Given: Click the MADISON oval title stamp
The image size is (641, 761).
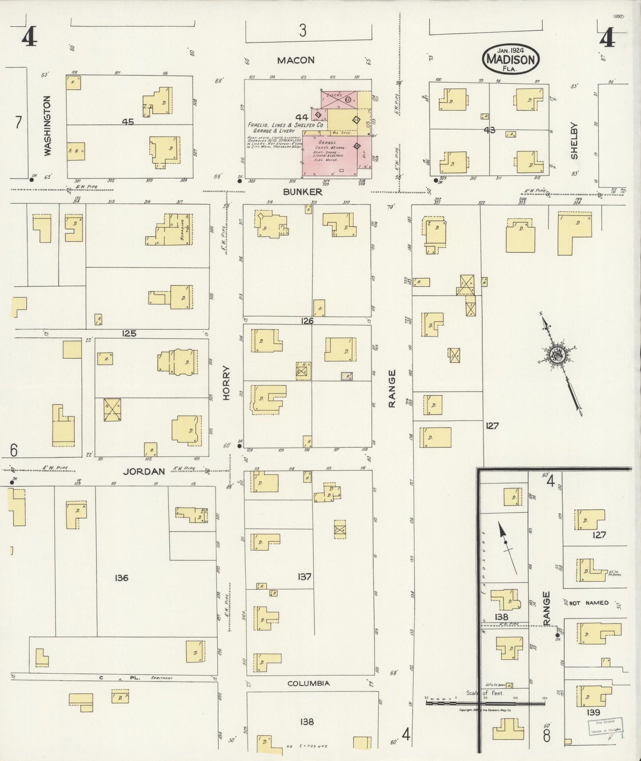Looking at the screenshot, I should pyautogui.click(x=511, y=58).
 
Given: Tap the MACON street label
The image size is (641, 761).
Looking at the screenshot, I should pyautogui.click(x=295, y=60).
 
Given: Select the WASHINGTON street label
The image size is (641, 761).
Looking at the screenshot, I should pyautogui.click(x=47, y=126).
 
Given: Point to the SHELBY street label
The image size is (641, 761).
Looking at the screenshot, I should pyautogui.click(x=574, y=141).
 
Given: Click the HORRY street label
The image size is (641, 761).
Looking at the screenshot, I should pyautogui.click(x=227, y=383).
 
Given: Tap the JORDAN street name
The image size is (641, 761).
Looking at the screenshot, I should pyautogui.click(x=144, y=472).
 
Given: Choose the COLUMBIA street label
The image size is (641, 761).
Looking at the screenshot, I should pyautogui.click(x=308, y=683).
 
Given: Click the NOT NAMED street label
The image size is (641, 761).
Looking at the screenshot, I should pyautogui.click(x=589, y=603).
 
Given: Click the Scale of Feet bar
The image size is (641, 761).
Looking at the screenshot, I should pyautogui.click(x=485, y=703).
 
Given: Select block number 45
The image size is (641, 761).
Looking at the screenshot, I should pyautogui.click(x=128, y=121).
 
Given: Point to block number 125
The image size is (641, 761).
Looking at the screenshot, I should pyautogui.click(x=129, y=333).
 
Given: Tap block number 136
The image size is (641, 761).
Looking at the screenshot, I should pyautogui.click(x=121, y=578).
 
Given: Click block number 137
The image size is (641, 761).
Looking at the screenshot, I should pyautogui.click(x=305, y=577).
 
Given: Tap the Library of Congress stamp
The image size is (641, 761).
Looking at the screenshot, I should pyautogui.click(x=606, y=727).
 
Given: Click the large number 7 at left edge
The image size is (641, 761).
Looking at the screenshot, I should pyautogui.click(x=18, y=122).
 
